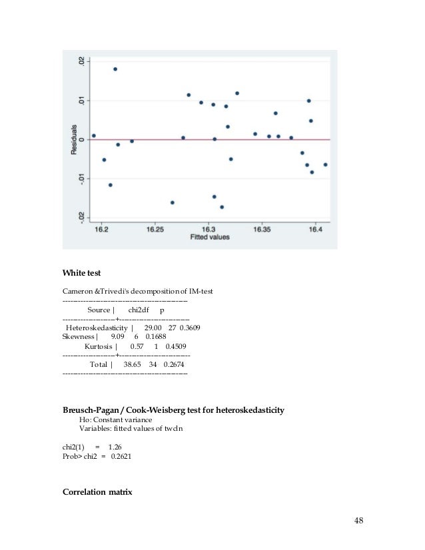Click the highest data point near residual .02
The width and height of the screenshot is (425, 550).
(x=115, y=69)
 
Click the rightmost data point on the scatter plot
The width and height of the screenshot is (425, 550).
(x=326, y=164)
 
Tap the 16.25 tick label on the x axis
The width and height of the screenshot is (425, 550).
(x=155, y=229)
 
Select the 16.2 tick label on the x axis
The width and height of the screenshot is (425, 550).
(x=102, y=229)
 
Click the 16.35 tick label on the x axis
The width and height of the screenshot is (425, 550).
(x=262, y=229)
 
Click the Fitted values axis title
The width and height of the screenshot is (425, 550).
(x=209, y=237)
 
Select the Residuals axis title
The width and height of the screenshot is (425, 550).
(x=75, y=140)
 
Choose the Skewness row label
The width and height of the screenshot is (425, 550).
(x=77, y=337)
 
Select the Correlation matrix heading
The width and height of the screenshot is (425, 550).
(x=97, y=493)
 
